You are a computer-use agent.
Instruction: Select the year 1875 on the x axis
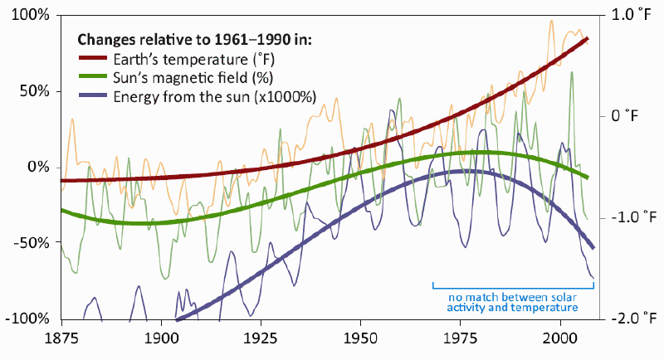[x=61, y=340]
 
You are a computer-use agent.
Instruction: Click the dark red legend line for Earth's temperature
[x=92, y=58]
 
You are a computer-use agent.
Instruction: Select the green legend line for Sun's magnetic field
[x=92, y=77]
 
